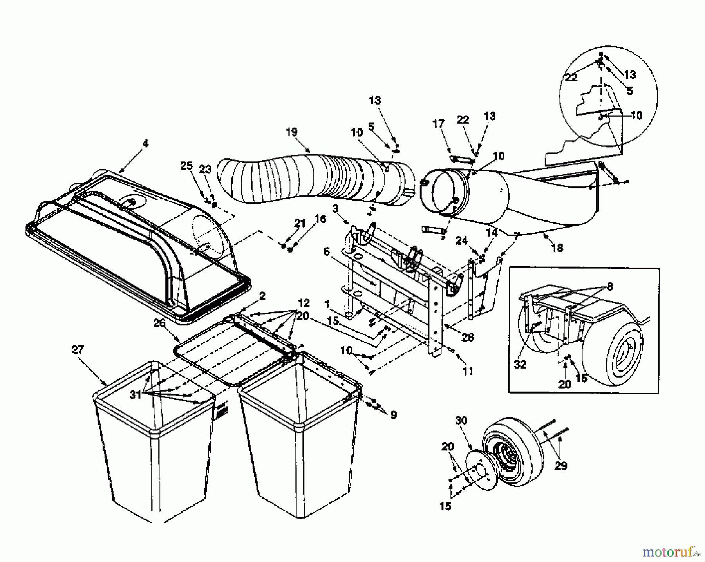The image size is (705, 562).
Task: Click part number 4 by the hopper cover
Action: coord(145,144)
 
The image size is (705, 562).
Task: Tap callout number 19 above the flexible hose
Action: coord(291,132)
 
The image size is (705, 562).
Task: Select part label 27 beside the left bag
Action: coord(78,349)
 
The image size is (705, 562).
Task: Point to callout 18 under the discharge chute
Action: coord(557,248)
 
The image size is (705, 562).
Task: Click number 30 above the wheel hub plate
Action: coord(461,420)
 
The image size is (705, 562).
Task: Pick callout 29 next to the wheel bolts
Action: coord(561,466)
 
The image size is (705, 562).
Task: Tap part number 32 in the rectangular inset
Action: coord(520,364)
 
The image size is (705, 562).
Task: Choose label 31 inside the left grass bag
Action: coord(136,395)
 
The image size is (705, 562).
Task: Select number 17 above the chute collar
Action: coord(439,124)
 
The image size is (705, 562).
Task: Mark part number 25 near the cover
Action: coord(186,166)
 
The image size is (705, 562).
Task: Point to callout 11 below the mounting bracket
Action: coord(468,370)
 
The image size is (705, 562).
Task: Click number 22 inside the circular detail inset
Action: coord(571,78)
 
